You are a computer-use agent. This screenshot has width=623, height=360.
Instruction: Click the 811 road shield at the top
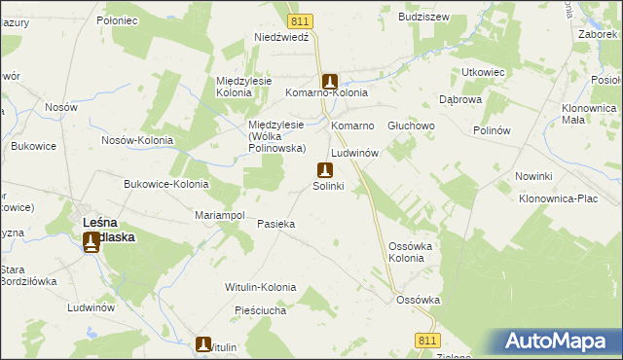coord(301,20)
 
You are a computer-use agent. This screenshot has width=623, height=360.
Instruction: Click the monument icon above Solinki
coord(325,169)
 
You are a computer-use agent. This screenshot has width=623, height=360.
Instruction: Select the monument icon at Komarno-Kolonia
coord(329,82)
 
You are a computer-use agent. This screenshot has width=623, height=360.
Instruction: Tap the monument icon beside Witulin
coord(203,343)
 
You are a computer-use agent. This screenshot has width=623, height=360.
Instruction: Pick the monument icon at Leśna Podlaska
coord(92,241)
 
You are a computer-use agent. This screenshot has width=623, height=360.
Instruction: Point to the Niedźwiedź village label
coord(280,37)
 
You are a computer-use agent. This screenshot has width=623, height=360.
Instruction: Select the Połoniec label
coord(120,19)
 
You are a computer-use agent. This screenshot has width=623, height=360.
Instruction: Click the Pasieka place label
coord(275,224)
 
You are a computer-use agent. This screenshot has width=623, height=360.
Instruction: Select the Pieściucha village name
coord(258,311)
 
